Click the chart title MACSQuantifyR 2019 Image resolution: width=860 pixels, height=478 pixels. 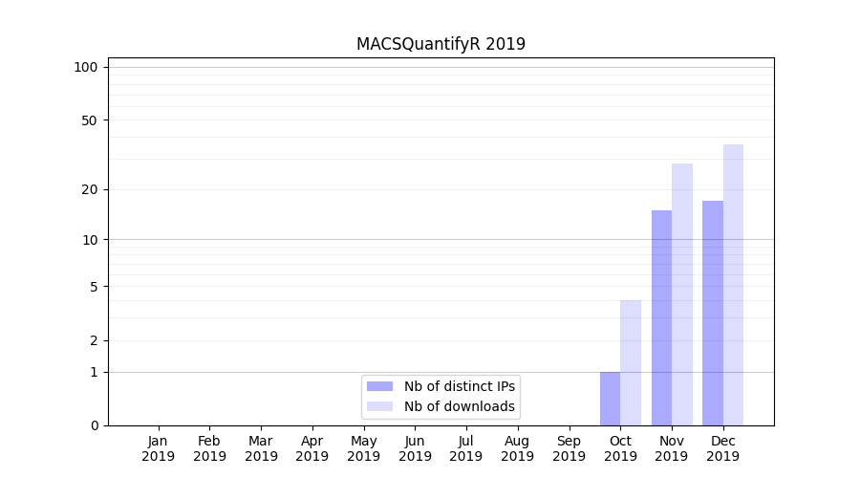(x=441, y=44)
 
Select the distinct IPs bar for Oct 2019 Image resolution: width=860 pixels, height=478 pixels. (x=610, y=399)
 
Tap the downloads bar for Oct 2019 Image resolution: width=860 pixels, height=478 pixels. (x=631, y=363)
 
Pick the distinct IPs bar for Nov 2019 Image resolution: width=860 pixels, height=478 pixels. (x=661, y=318)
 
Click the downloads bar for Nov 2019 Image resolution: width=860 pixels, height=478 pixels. (x=682, y=294)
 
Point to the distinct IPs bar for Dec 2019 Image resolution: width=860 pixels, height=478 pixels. (x=713, y=314)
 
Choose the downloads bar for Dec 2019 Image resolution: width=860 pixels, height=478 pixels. (x=733, y=285)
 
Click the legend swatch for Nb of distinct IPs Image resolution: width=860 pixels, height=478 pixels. (x=379, y=386)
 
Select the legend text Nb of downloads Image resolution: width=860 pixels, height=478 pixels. (x=460, y=406)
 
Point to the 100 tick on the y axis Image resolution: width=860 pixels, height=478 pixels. (x=86, y=67)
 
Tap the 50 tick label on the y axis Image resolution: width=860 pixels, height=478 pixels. (x=90, y=120)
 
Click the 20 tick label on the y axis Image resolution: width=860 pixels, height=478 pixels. (x=90, y=189)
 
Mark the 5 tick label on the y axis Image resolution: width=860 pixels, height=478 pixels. (x=94, y=286)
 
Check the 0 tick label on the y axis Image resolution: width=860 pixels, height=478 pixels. (x=94, y=425)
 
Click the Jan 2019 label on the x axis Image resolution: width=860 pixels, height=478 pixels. (x=159, y=448)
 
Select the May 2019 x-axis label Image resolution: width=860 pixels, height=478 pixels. (x=364, y=448)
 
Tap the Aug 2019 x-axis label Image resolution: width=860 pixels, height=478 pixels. (x=518, y=448)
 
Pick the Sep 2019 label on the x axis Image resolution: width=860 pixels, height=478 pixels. (x=569, y=448)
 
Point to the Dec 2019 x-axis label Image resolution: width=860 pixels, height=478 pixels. (x=722, y=448)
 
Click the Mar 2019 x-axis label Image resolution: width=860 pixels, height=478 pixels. (x=261, y=448)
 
